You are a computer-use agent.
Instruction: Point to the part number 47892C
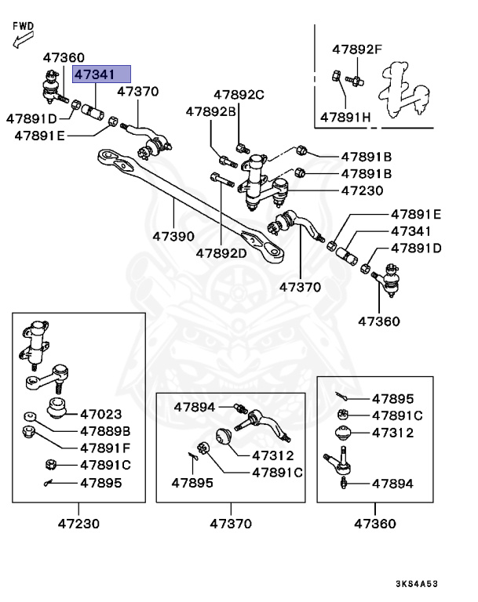(x=235, y=95)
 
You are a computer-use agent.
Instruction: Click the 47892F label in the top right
(x=356, y=49)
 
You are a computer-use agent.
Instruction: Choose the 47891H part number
(x=345, y=118)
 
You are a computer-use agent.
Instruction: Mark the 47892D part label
(x=221, y=253)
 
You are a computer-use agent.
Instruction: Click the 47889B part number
(x=104, y=431)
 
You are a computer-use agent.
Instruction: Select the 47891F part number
(x=104, y=448)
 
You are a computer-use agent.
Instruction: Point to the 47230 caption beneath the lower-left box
(x=78, y=524)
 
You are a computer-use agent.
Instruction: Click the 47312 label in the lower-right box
(x=392, y=433)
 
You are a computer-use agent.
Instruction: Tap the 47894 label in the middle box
(x=195, y=407)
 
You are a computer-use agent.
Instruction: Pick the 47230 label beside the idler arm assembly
(x=362, y=190)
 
